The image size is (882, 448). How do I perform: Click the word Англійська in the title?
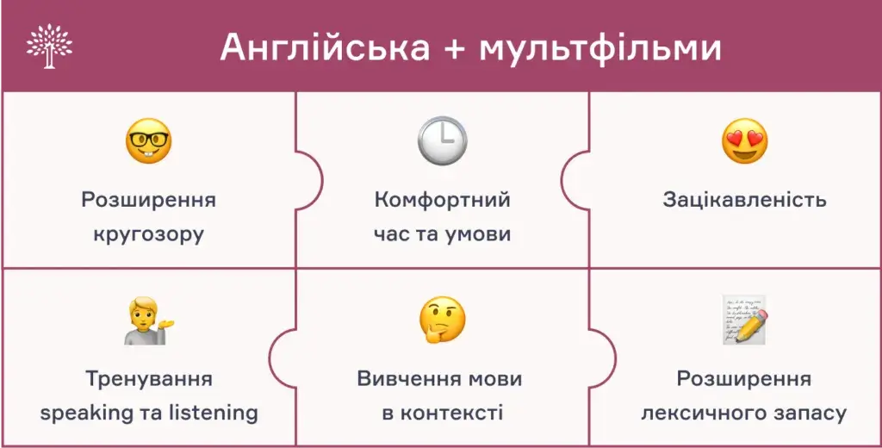[325, 47]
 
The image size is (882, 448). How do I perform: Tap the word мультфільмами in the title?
[599, 47]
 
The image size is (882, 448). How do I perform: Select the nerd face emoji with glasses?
[148, 142]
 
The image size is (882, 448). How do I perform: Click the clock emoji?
[442, 141]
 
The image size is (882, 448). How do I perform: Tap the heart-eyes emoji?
[744, 142]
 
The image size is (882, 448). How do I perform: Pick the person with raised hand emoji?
[148, 321]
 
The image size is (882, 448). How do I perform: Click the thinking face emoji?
[442, 320]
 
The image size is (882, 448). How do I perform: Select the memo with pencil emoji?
[744, 320]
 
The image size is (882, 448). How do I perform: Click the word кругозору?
[149, 233]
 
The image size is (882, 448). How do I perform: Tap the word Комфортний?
[442, 200]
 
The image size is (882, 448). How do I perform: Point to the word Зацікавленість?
[744, 200]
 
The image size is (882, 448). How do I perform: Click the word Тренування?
[149, 379]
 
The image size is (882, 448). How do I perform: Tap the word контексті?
[454, 413]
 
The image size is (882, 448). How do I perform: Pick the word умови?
[477, 233]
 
